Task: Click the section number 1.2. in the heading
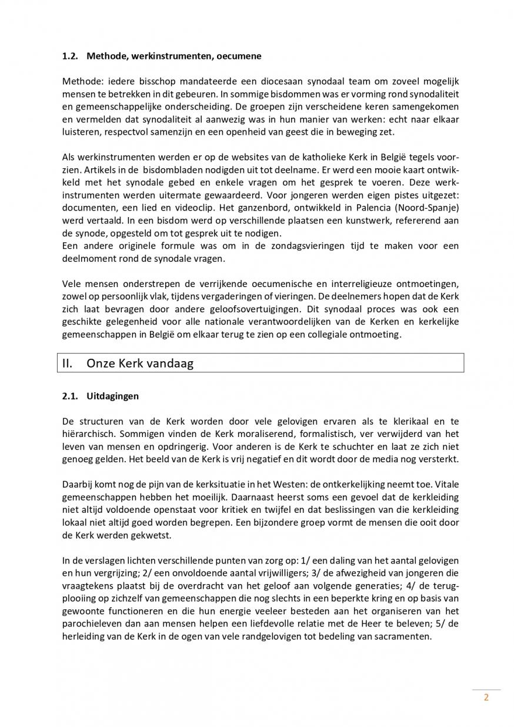click(x=71, y=56)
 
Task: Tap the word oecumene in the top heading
click(x=239, y=56)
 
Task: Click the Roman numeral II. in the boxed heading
click(x=68, y=363)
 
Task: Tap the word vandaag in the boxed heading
click(x=169, y=363)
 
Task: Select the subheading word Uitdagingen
click(x=112, y=396)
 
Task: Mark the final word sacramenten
click(x=405, y=636)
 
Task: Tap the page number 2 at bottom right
click(x=486, y=698)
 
